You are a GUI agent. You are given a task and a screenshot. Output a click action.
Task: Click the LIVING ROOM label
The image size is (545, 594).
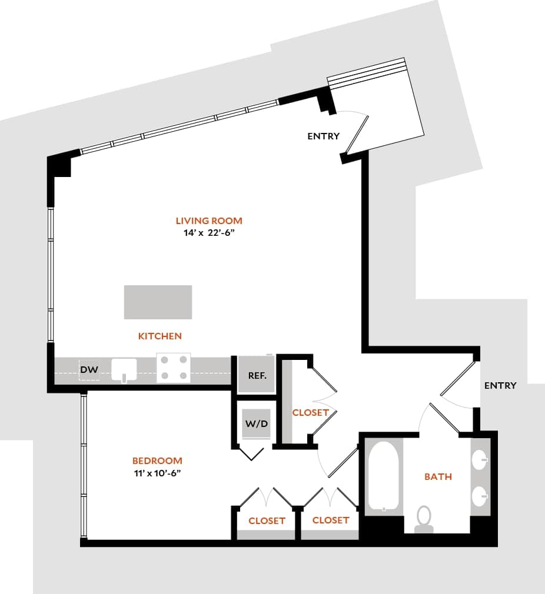tap(209, 221)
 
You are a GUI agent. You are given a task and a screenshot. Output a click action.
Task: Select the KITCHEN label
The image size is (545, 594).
tap(160, 336)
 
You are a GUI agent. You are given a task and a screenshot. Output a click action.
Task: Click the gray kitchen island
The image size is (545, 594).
tap(158, 302)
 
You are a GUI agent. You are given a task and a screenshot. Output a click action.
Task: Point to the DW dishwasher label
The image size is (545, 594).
tap(89, 370)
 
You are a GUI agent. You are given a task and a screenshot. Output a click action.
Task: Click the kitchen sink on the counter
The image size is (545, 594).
tap(124, 370)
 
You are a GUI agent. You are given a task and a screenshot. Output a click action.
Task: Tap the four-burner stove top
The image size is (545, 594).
tap(174, 368)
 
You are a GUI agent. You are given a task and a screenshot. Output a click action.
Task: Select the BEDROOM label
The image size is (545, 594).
tap(157, 461)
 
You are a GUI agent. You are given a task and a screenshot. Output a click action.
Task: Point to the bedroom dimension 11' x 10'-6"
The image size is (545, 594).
tap(157, 473)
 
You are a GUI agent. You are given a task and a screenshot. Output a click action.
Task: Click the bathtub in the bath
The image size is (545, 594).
tap(383, 476)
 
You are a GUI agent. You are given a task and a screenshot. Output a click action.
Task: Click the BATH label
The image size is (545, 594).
tap(438, 476)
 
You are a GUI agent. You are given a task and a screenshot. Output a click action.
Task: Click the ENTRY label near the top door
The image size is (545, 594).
tap(323, 136)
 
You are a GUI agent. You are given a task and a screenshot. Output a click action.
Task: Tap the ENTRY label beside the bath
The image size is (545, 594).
tap(500, 386)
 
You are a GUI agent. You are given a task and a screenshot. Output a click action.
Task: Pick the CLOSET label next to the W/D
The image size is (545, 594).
tap(310, 413)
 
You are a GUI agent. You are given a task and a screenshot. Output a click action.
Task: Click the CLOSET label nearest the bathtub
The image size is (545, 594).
tap(331, 520)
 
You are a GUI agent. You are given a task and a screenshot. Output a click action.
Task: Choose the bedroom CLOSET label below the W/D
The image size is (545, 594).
tap(267, 521)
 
